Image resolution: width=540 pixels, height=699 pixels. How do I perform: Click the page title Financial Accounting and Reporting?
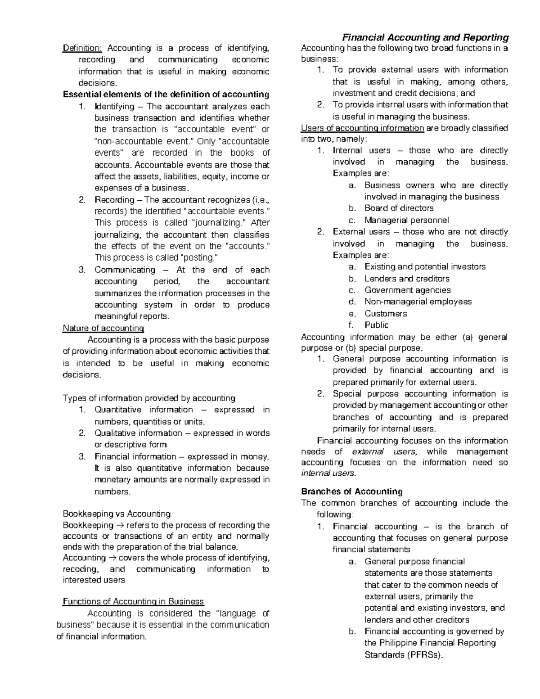(425, 37)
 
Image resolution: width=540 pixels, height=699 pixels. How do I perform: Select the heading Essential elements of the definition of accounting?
(166, 95)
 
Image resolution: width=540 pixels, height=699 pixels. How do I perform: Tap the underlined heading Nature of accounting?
(103, 328)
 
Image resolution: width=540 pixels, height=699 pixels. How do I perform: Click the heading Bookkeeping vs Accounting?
(117, 514)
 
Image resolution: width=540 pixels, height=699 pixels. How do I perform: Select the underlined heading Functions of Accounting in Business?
(133, 602)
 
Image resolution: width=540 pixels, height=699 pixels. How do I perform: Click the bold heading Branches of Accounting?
(351, 491)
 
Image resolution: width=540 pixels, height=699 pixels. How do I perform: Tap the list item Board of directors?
(399, 208)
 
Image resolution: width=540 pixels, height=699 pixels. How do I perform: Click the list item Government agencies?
(407, 290)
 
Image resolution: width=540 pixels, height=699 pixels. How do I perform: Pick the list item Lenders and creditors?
(407, 279)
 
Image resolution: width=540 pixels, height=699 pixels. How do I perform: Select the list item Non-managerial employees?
(418, 302)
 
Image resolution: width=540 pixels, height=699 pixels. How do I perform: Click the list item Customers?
(385, 314)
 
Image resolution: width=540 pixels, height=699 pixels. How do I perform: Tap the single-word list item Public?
(376, 325)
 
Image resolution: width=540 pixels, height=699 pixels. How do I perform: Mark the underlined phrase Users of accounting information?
(362, 128)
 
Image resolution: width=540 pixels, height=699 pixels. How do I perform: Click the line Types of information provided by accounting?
(149, 398)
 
